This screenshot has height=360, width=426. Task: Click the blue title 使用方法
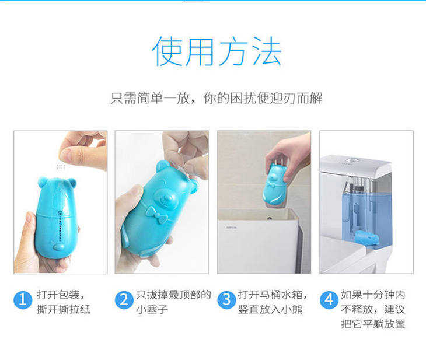(217, 51)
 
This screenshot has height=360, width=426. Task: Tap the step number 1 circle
(23, 300)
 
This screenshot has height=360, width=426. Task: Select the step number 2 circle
(124, 300)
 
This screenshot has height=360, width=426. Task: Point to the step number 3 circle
(226, 300)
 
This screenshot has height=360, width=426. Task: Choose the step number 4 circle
(329, 300)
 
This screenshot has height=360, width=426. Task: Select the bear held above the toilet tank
(275, 184)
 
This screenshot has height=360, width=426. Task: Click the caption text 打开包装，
(61, 295)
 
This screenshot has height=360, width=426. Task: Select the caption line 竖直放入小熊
(270, 309)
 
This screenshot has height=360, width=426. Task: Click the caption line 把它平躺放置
(373, 324)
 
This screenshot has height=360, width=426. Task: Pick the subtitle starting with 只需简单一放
(217, 98)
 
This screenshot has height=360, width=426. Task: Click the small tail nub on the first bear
(59, 246)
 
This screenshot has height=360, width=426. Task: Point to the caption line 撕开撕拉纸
(64, 309)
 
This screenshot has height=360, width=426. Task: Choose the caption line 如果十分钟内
(373, 295)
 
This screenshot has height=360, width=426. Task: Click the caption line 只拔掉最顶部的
(173, 295)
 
